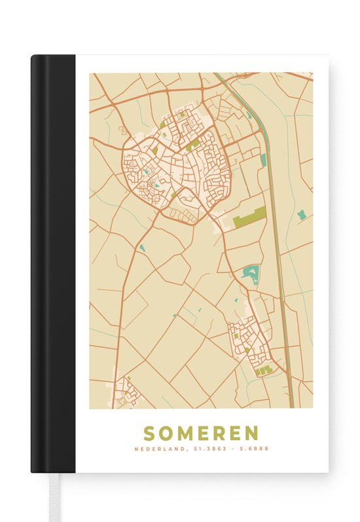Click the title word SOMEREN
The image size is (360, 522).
click(x=202, y=433)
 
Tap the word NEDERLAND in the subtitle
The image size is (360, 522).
click(x=158, y=449)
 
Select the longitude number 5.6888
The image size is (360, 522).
click(x=254, y=449)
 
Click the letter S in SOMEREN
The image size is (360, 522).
click(x=149, y=433)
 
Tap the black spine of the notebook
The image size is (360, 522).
click(x=52, y=262)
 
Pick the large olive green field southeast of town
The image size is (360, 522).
click(x=249, y=216)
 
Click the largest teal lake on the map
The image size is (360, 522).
click(x=251, y=273)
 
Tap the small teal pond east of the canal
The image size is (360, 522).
click(x=301, y=214)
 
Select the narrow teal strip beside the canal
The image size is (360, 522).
click(x=263, y=160)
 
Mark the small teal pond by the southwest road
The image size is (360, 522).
click(x=141, y=248)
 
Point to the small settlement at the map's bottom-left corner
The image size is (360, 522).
click(x=125, y=392)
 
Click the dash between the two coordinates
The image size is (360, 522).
click(x=231, y=449)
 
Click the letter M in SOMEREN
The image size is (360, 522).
click(x=184, y=433)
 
